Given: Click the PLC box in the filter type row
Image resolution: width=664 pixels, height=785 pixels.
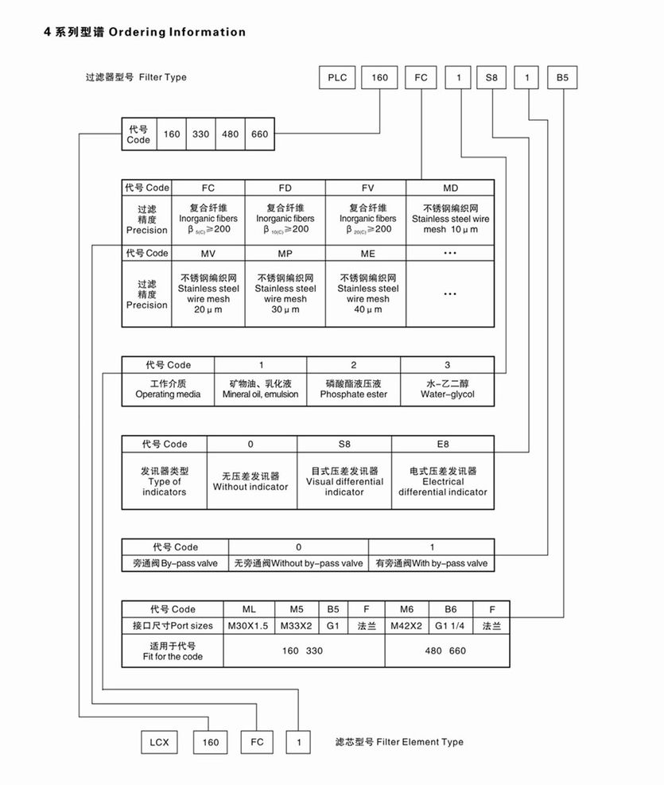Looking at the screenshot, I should (336, 78).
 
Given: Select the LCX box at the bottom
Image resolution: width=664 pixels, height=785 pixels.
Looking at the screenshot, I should (155, 742).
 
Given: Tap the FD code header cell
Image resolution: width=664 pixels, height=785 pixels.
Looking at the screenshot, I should (285, 188).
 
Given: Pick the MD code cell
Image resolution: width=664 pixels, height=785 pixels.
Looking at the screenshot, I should (450, 188).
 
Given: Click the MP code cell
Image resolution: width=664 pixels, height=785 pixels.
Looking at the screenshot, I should (285, 253).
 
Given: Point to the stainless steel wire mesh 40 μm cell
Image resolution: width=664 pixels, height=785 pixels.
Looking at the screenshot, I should (367, 294).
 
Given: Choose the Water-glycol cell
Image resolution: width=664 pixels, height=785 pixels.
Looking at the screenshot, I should (447, 388).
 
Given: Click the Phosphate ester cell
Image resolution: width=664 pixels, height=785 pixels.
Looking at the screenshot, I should (354, 388).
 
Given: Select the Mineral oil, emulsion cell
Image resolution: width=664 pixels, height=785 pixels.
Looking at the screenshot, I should (260, 388).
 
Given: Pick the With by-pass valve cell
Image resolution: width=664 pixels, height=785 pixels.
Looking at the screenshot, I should (431, 563).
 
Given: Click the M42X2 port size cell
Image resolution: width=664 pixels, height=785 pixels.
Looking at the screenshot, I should (407, 626).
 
